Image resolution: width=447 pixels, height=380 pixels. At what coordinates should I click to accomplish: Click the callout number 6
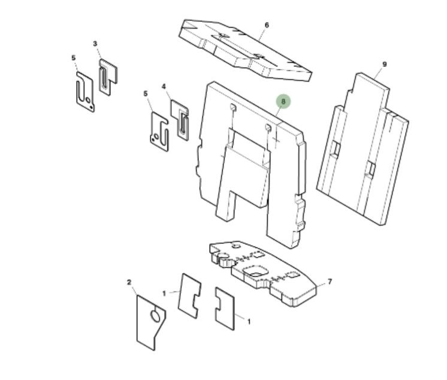pos(267,25)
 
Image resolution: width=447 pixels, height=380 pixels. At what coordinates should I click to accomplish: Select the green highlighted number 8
pos(283,101)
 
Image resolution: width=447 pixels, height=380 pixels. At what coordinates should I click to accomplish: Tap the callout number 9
pos(384,64)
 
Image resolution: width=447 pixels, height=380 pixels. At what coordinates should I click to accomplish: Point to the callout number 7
pos(330,282)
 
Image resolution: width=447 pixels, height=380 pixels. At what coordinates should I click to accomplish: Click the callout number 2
pos(129,282)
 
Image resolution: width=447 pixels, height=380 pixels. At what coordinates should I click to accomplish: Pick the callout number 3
pos(95,44)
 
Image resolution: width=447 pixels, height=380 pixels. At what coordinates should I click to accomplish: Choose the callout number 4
pos(164,86)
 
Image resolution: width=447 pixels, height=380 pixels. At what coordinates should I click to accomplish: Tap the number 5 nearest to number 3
pos(74,58)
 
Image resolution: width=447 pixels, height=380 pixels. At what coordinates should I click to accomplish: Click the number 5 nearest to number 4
pos(146,94)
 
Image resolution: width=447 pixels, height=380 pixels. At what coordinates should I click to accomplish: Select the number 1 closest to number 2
pos(164,293)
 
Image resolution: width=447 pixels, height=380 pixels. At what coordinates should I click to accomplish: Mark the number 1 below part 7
pos(249,321)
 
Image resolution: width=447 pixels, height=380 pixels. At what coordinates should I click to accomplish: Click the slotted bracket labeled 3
pos(108,77)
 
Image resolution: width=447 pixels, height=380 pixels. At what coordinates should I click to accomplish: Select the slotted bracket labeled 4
pos(180,120)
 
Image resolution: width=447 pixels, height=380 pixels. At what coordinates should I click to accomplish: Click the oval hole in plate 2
pos(155,316)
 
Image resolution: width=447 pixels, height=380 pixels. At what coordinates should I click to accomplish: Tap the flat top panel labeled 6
pos(245,50)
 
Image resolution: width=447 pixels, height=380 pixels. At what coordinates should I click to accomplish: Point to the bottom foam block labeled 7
pos(263,273)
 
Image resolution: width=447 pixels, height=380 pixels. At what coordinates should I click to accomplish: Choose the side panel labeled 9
pos(363,149)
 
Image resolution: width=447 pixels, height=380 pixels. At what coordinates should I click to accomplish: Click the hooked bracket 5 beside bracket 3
pos(85,92)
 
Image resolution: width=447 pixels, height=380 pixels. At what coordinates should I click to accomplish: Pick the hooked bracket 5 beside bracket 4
pos(159,131)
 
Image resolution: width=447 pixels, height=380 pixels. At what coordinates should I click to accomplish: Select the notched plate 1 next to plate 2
pos(189,295)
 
